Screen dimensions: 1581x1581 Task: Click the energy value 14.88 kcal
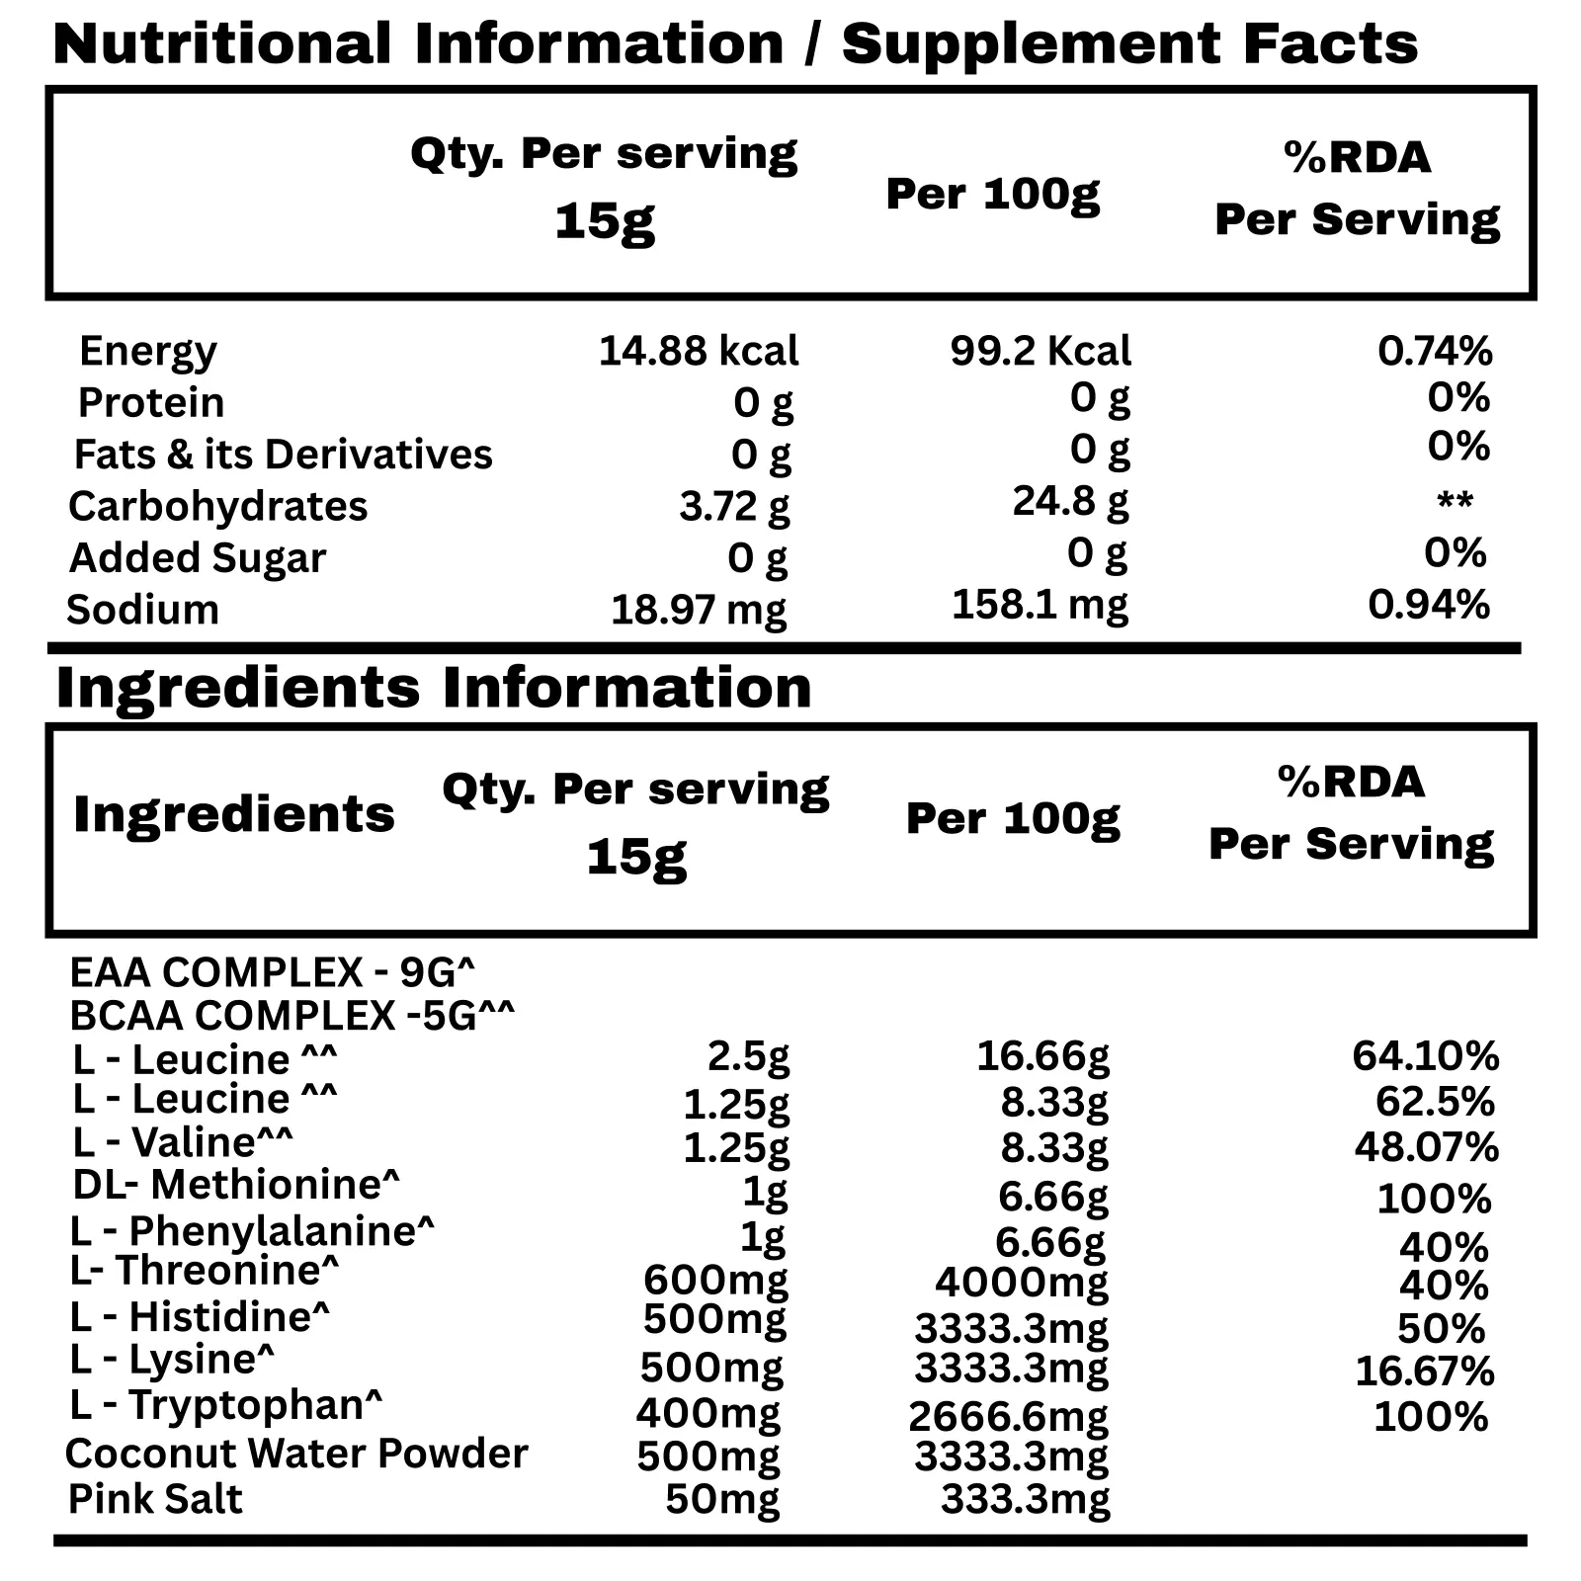(699, 351)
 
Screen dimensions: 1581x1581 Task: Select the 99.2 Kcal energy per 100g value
(1040, 351)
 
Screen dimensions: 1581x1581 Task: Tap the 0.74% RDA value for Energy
(1435, 351)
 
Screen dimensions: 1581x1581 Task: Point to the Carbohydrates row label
(218, 506)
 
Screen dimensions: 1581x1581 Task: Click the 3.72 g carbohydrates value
(734, 506)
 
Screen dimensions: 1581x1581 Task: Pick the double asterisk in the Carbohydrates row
(1455, 502)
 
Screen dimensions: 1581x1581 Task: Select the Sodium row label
(142, 610)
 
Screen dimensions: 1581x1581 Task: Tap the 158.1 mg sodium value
(1040, 605)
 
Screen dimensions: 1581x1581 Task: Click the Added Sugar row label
(198, 558)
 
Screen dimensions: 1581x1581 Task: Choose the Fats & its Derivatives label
(284, 455)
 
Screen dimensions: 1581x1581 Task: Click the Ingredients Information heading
(434, 688)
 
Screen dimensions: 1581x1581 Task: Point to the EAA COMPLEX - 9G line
(273, 973)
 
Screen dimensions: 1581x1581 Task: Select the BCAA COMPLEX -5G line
(292, 1016)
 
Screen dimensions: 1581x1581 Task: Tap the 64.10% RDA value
(1425, 1056)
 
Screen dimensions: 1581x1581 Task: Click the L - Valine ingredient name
(183, 1142)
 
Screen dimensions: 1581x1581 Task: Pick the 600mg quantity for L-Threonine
(715, 1281)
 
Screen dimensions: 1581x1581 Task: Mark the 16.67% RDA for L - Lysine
(1424, 1371)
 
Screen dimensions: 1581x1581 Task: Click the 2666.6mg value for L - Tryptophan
(1008, 1417)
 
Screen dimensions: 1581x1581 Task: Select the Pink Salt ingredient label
(155, 1499)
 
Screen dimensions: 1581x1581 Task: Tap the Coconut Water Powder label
(296, 1454)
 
